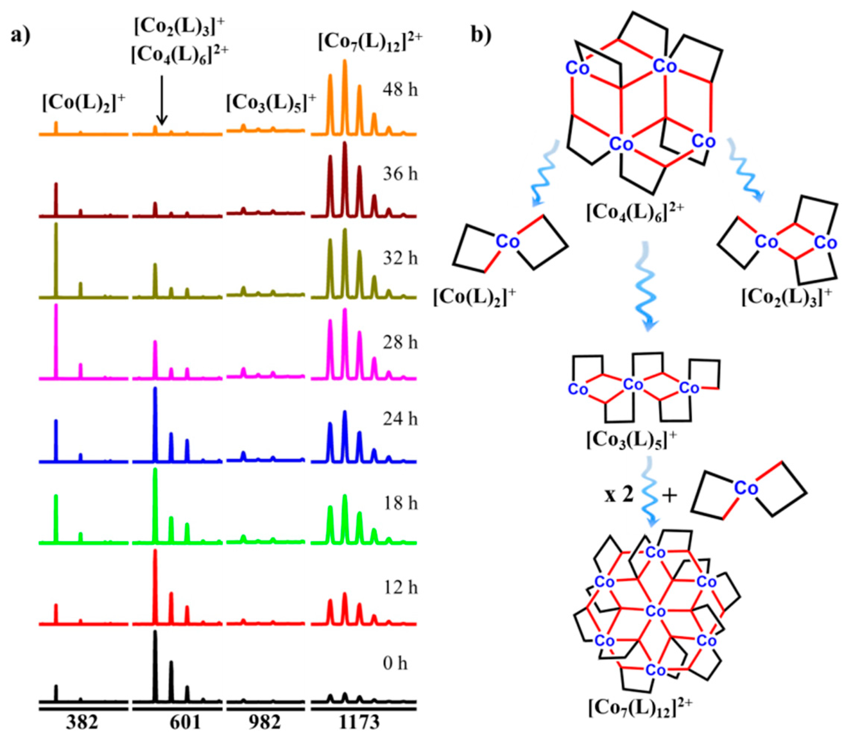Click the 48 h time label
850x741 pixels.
pyautogui.click(x=400, y=89)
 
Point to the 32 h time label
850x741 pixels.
pyautogui.click(x=400, y=258)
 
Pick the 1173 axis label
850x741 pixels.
pyautogui.click(x=359, y=722)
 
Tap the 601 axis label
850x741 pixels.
pyautogui.click(x=185, y=722)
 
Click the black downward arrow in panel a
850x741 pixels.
pyautogui.click(x=162, y=100)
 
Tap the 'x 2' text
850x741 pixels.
pyautogui.click(x=619, y=495)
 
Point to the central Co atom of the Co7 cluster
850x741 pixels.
pyautogui.click(x=655, y=611)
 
